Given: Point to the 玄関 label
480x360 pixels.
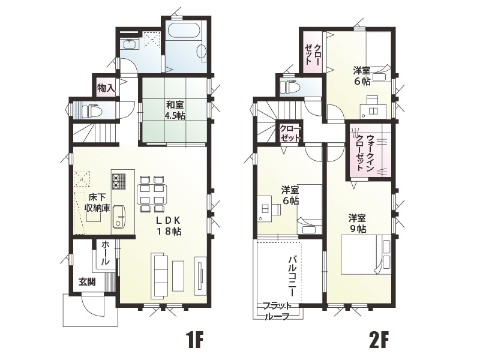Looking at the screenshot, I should [86, 282].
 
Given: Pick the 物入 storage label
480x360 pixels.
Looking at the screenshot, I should [106, 88].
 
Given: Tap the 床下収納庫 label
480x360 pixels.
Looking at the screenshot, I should [97, 202].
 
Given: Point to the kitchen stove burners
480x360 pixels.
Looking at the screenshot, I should [118, 180].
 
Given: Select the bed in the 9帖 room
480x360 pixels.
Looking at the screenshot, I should [367, 255].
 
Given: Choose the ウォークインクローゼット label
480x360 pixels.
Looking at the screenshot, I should [364, 152].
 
